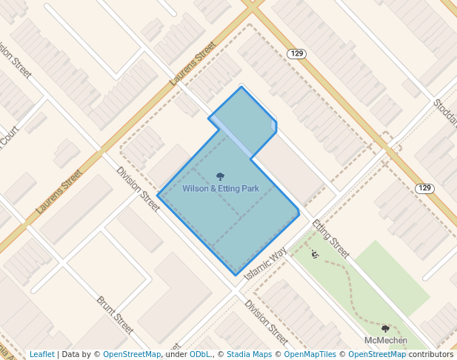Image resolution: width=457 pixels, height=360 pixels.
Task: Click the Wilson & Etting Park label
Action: pyautogui.click(x=221, y=189)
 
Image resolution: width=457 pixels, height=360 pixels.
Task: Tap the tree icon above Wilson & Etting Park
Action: pyautogui.click(x=220, y=176)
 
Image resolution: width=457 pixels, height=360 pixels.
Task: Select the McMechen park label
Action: pyautogui.click(x=386, y=340)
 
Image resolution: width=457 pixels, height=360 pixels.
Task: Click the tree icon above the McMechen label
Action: pyautogui.click(x=385, y=328)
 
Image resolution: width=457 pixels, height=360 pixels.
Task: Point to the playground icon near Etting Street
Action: pyautogui.click(x=315, y=254)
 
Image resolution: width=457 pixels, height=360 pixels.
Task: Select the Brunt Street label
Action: pyautogui.click(x=115, y=316)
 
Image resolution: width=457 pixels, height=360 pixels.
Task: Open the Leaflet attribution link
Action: pyautogui.click(x=41, y=354)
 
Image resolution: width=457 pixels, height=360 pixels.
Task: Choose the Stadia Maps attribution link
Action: pyautogui.click(x=251, y=354)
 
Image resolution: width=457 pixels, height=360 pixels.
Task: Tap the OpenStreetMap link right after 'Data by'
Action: pyautogui.click(x=132, y=354)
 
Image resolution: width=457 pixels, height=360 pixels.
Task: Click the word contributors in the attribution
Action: pyautogui.click(x=431, y=354)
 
